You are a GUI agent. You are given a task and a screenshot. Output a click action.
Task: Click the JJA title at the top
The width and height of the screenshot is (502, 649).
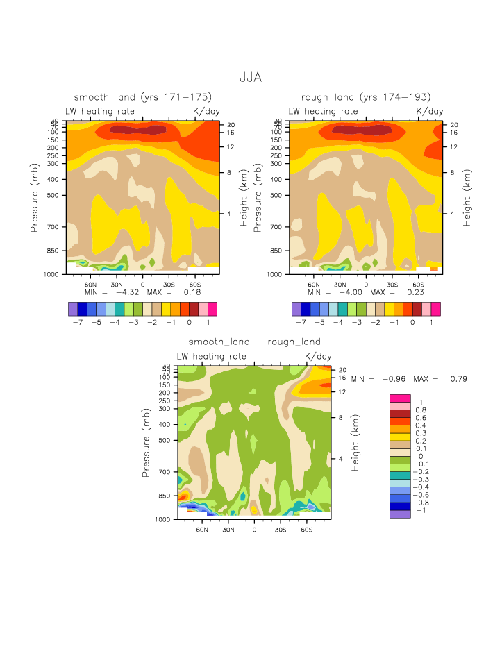250,77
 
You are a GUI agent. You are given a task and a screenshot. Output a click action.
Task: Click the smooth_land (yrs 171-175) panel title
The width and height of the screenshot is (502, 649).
142,97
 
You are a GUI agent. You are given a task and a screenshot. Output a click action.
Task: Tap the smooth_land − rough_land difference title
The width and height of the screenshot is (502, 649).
254,342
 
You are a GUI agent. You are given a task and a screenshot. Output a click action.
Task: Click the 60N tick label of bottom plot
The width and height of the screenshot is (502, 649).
203,529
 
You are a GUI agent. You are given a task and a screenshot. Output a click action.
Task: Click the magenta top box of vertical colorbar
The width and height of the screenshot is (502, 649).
401,398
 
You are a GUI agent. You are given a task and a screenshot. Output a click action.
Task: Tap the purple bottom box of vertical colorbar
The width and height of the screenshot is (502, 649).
401,514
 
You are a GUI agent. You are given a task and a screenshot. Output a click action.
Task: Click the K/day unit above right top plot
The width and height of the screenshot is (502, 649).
429,111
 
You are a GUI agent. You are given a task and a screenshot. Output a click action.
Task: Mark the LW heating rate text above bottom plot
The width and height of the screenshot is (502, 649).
212,356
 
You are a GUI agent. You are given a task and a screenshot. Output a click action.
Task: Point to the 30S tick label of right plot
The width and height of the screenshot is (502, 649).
392,285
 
